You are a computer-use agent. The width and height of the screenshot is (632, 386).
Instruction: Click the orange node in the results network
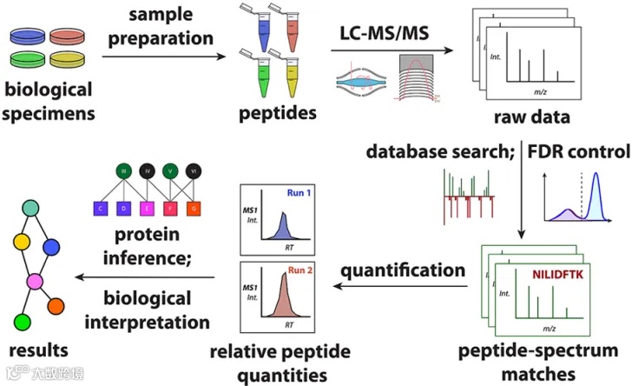point(56,306)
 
